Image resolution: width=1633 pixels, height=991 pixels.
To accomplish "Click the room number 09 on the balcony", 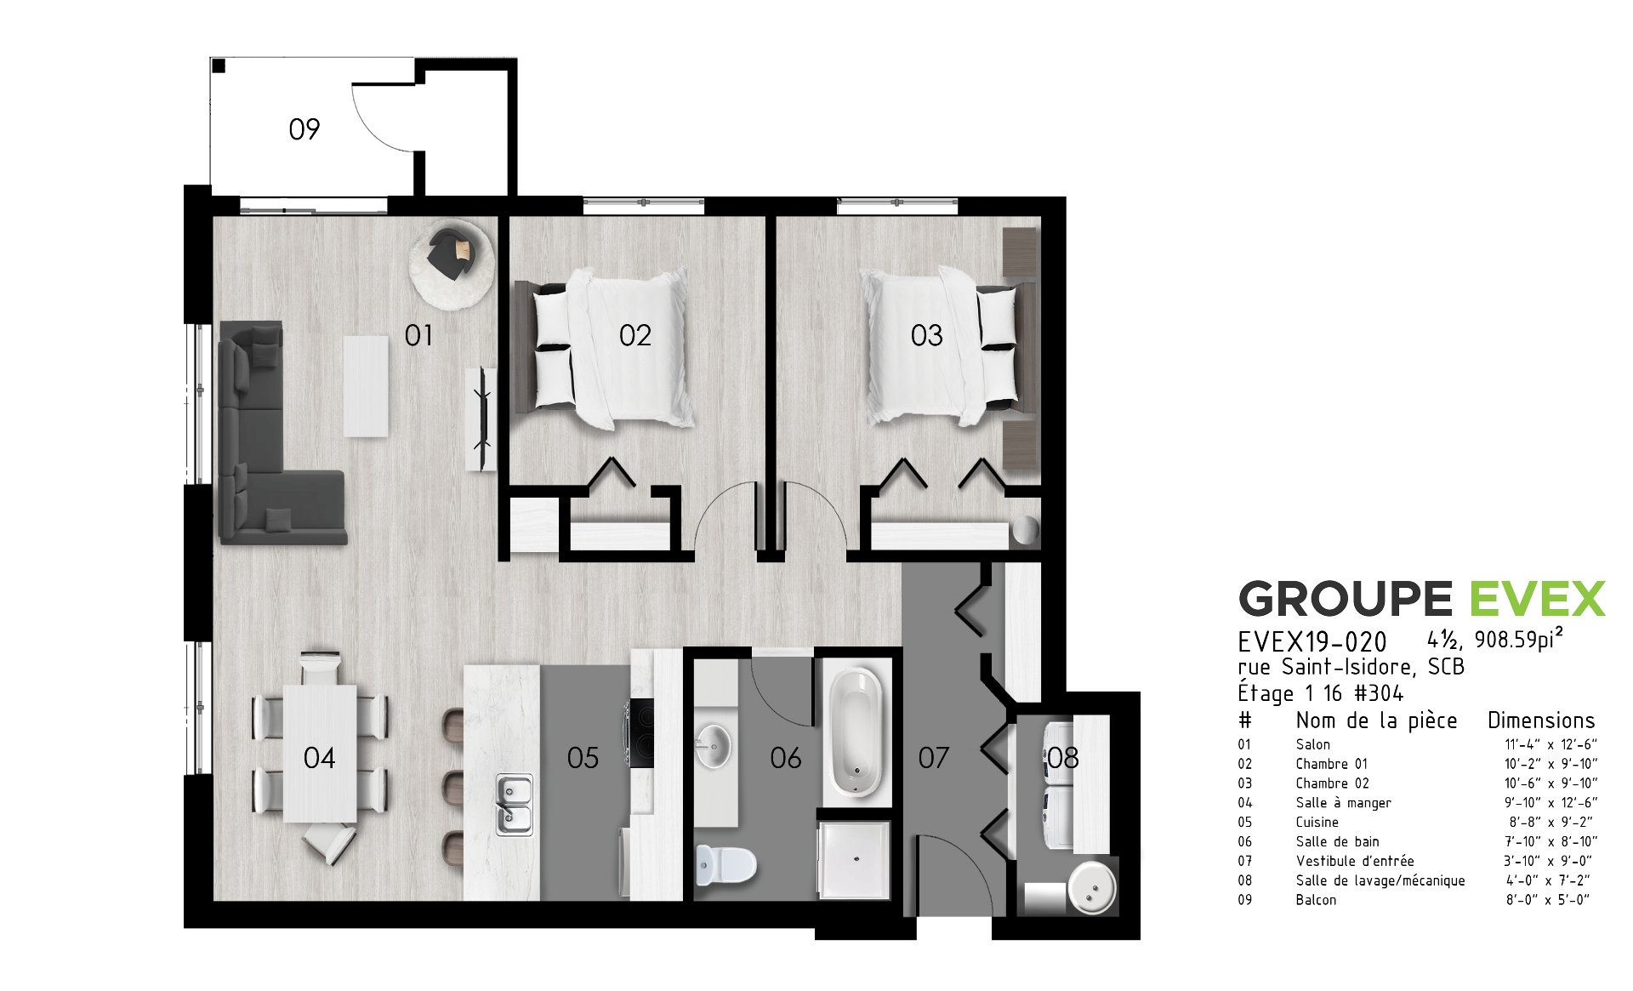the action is (x=304, y=129).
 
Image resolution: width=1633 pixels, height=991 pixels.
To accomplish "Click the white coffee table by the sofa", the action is (x=366, y=385).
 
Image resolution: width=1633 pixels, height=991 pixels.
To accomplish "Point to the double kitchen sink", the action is (x=515, y=805).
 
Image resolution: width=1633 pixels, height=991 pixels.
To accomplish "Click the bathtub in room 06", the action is (x=856, y=732).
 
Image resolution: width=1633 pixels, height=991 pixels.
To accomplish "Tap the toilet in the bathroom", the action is (x=725, y=865).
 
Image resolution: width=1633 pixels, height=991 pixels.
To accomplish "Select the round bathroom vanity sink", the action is (x=713, y=746).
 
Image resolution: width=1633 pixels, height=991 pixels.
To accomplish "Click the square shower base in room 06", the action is (x=853, y=858).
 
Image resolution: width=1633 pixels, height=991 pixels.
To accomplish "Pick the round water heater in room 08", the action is (x=1092, y=888).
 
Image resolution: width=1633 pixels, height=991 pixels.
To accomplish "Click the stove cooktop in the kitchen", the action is (x=643, y=732).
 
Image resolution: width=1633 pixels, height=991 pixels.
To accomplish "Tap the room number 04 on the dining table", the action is (x=319, y=758).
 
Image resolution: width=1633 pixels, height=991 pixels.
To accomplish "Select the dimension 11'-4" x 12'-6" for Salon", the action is (x=1550, y=744).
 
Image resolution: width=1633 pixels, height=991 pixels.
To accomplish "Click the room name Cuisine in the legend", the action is (x=1317, y=822).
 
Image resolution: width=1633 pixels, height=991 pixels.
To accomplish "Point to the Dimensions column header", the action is (x=1541, y=720).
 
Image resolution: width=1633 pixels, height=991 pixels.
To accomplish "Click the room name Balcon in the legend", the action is (x=1317, y=900).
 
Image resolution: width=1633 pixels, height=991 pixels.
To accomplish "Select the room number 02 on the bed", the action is (x=635, y=336).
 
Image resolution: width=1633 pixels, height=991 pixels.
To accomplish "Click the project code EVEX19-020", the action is (x=1312, y=641).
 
